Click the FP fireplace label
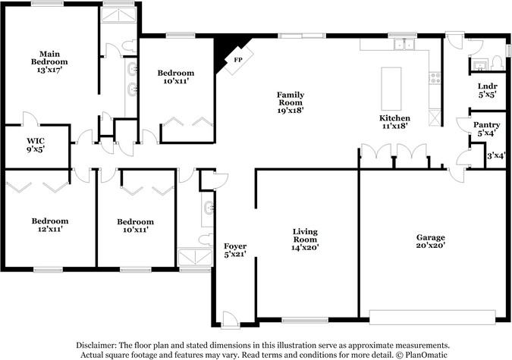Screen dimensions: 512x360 238,60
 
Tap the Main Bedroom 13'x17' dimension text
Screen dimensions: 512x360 49,70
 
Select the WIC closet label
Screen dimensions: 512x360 36,141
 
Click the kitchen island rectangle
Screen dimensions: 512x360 391,89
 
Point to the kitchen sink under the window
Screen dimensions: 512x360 404,44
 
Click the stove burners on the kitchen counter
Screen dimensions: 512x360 435,78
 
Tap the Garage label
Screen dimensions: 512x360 430,237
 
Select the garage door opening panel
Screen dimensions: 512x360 432,317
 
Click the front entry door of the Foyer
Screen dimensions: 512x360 230,319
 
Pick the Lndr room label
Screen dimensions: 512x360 488,86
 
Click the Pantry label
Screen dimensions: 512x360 486,125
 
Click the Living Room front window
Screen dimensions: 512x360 305,321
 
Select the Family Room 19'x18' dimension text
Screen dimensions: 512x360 291,111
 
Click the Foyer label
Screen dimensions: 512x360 235,246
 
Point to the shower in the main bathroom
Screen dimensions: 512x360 118,15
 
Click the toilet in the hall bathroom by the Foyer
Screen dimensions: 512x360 206,239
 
